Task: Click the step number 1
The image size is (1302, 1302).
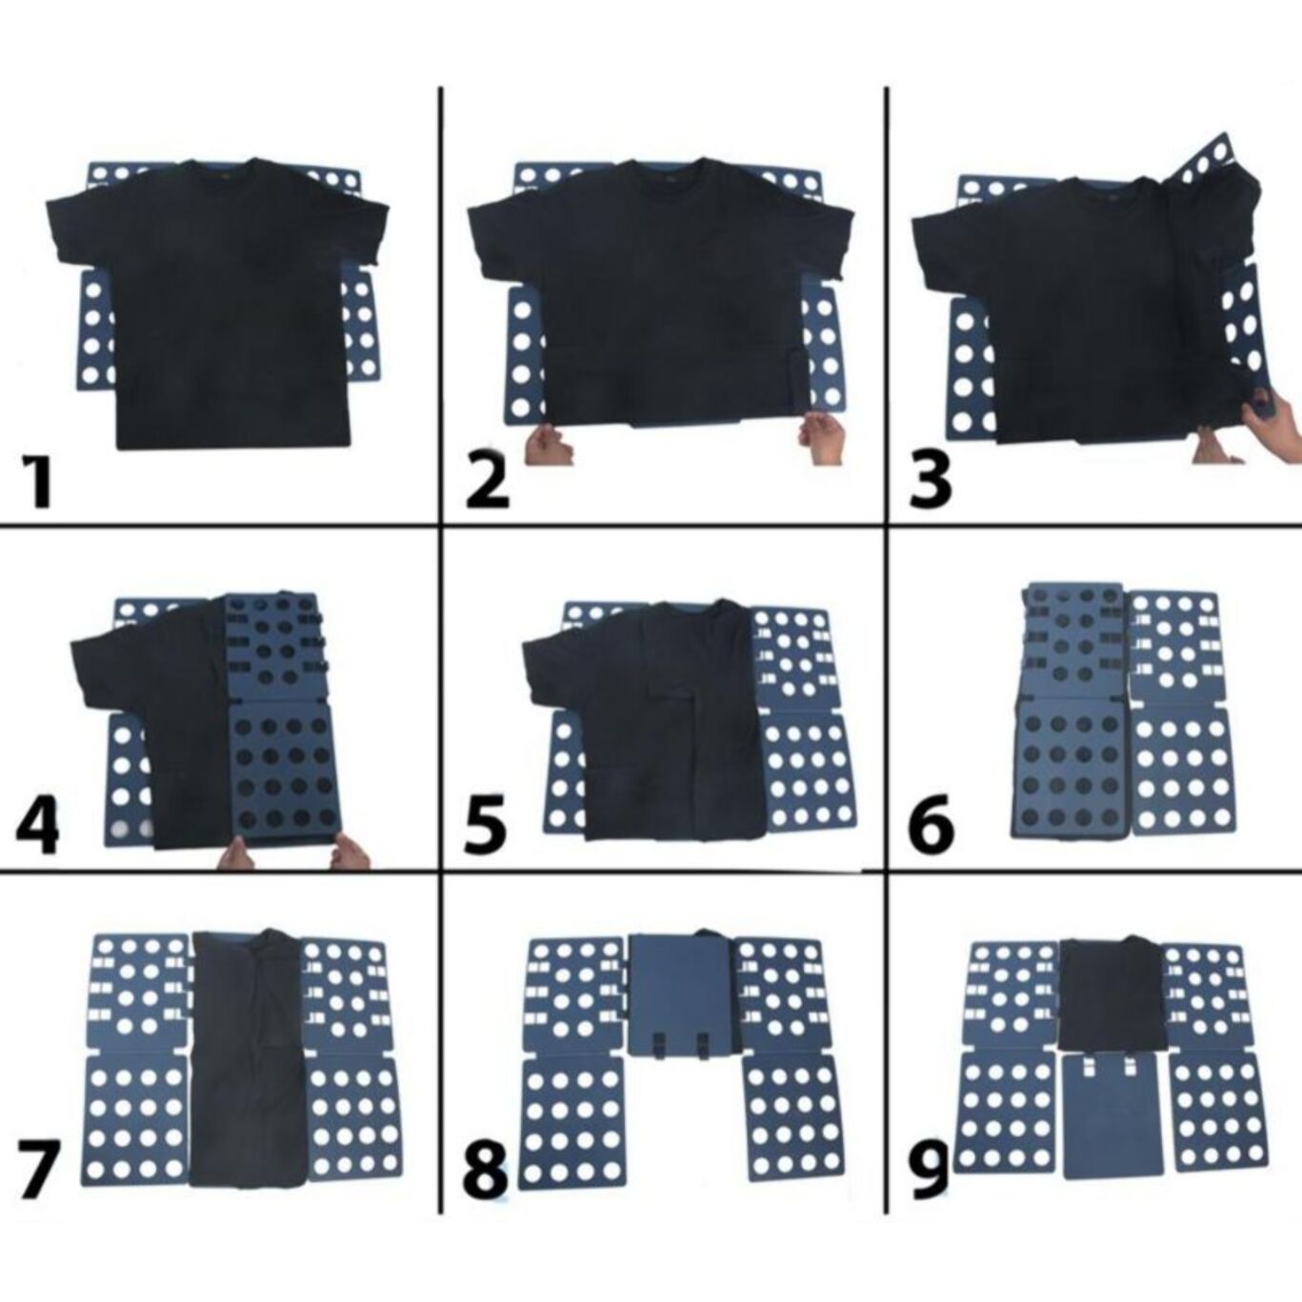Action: click(x=38, y=481)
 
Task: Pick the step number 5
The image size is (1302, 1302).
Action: click(x=486, y=825)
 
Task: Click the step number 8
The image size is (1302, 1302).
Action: click(x=486, y=1171)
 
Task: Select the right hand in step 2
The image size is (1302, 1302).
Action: click(x=821, y=436)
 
